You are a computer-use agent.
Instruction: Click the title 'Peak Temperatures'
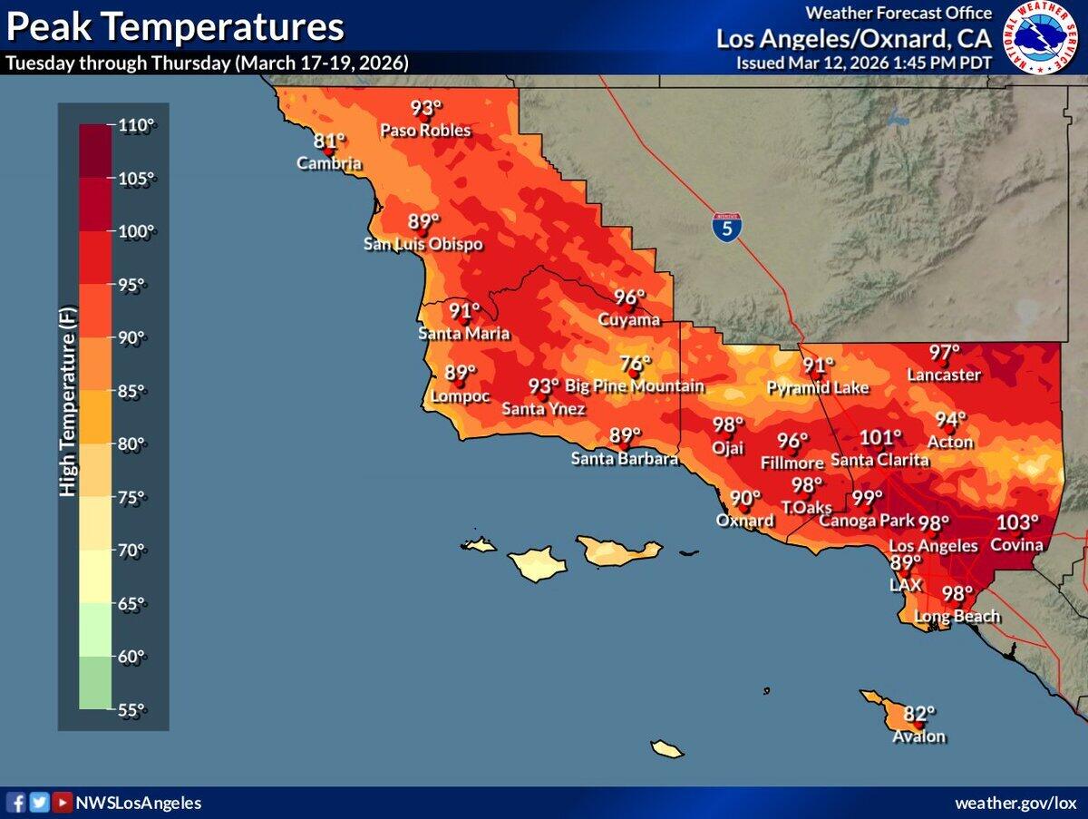(175, 27)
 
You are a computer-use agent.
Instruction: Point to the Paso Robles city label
(425, 131)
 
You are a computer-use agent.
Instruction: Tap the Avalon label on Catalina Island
(918, 736)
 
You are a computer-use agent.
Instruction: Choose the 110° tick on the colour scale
(137, 125)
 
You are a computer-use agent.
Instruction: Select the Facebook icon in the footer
(17, 803)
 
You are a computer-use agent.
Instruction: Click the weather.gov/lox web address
(1015, 804)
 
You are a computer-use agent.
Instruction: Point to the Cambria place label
(330, 164)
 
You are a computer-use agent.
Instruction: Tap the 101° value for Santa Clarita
(880, 438)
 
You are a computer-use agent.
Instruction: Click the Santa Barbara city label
(624, 459)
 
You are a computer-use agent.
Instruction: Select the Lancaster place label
(945, 375)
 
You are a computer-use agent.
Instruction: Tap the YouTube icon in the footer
(62, 803)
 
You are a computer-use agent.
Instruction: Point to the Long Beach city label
(957, 617)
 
